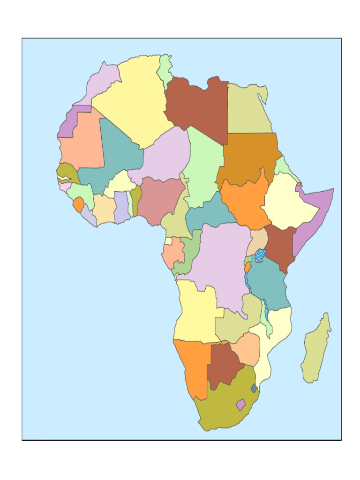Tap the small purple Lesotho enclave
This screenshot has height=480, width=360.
pyautogui.click(x=240, y=404)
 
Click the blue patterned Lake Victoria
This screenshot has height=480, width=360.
pyautogui.click(x=260, y=256)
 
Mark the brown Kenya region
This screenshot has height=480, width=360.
pyautogui.click(x=280, y=246)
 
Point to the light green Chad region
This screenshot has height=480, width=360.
pyautogui.click(x=204, y=164)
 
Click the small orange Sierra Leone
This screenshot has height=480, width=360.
pyautogui.click(x=78, y=204)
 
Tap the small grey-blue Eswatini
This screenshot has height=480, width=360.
pyautogui.click(x=254, y=388)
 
